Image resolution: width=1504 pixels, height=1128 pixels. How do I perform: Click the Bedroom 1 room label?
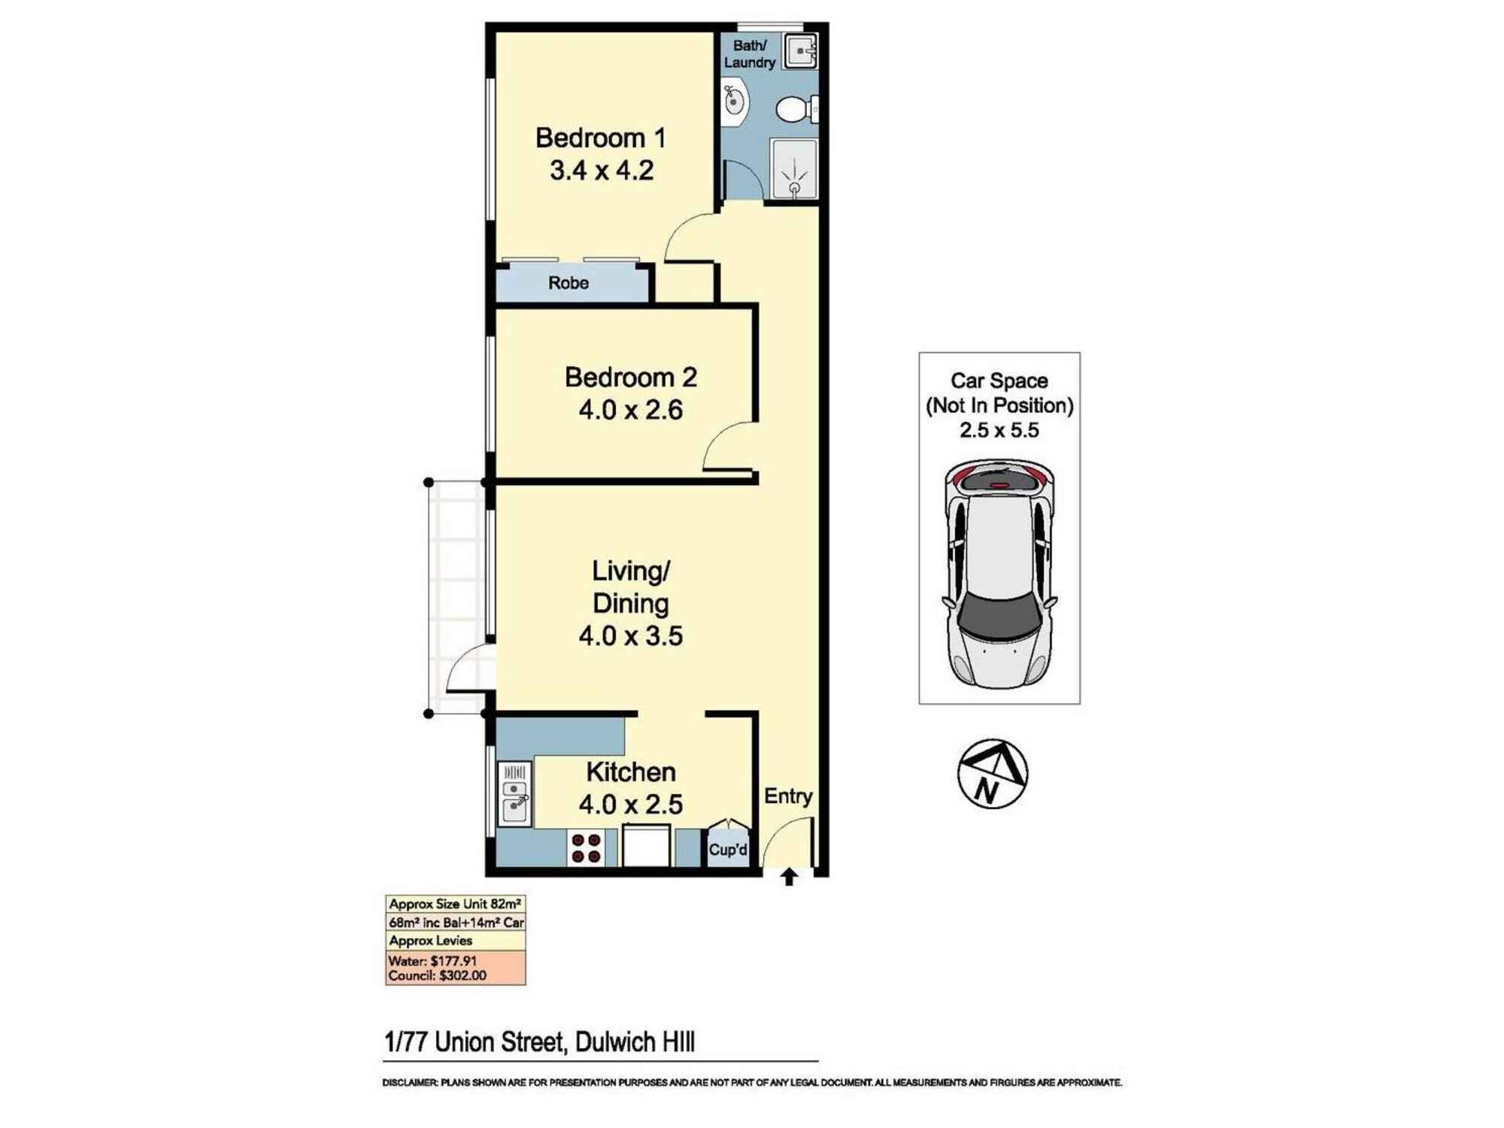pyautogui.click(x=600, y=138)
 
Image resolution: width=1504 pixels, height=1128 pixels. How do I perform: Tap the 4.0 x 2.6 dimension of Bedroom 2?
pyautogui.click(x=630, y=410)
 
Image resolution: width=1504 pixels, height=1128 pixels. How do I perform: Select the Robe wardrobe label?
pyautogui.click(x=568, y=284)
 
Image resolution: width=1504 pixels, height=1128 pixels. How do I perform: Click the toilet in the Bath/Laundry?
pyautogui.click(x=794, y=110)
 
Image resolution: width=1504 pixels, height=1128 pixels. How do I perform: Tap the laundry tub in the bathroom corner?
pyautogui.click(x=801, y=51)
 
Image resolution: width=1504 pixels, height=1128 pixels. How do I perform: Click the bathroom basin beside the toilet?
pyautogui.click(x=733, y=102)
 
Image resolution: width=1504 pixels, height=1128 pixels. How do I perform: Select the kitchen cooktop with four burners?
pyautogui.click(x=587, y=848)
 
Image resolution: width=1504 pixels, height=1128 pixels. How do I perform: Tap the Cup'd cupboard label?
pyautogui.click(x=728, y=850)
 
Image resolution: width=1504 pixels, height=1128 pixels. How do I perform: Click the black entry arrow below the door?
pyautogui.click(x=789, y=877)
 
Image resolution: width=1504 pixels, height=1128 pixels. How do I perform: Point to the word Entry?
pyautogui.click(x=788, y=796)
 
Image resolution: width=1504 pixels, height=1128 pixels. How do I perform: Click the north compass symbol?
pyautogui.click(x=992, y=774)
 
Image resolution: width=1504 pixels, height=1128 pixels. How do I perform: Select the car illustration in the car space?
pyautogui.click(x=999, y=575)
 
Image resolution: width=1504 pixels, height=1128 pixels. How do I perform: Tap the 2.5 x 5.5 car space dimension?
pyautogui.click(x=999, y=431)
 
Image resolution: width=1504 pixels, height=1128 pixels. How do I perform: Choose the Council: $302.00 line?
pyautogui.click(x=437, y=976)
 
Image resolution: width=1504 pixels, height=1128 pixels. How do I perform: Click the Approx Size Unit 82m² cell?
pyautogui.click(x=455, y=905)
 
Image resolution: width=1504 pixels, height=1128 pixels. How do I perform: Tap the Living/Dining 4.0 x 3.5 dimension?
pyautogui.click(x=630, y=636)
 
